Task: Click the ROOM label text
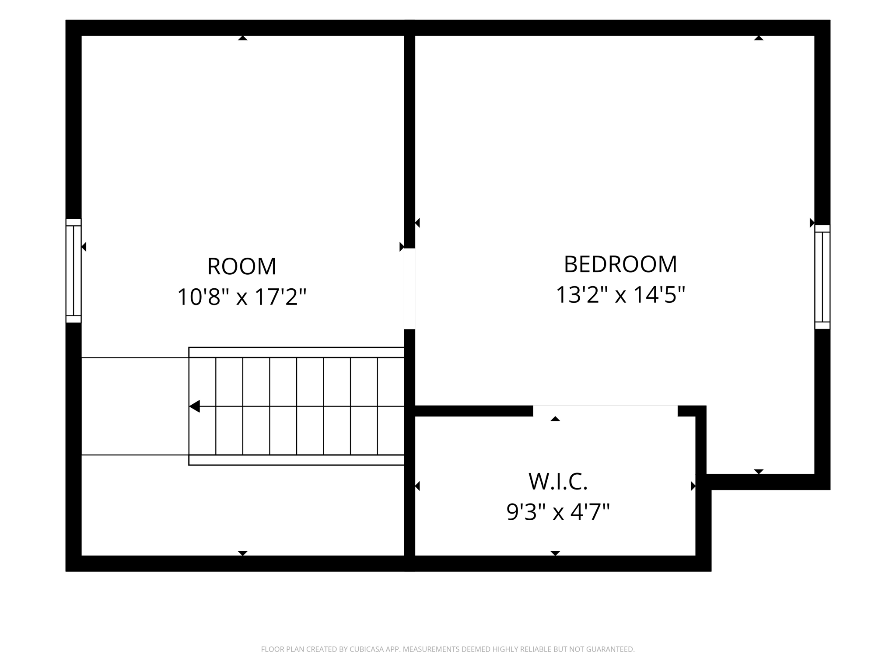(x=241, y=266)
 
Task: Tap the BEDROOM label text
(x=620, y=264)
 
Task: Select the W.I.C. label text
(x=558, y=482)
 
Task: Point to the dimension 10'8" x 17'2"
(x=241, y=297)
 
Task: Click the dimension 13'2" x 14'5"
(x=620, y=294)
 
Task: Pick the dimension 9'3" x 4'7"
(x=558, y=512)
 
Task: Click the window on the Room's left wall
(x=73, y=271)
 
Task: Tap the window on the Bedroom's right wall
(x=822, y=277)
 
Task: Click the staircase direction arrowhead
(x=195, y=406)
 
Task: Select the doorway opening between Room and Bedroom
(x=409, y=289)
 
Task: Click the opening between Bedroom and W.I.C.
(x=605, y=411)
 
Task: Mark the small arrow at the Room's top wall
(x=243, y=38)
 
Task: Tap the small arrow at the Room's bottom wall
(x=243, y=553)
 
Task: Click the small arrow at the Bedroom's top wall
(x=759, y=38)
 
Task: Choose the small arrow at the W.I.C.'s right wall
(x=693, y=486)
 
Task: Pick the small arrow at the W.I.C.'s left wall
(x=417, y=486)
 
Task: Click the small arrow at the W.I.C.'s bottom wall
(x=555, y=553)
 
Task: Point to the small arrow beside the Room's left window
(x=84, y=247)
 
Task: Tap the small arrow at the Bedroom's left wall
(x=417, y=223)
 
